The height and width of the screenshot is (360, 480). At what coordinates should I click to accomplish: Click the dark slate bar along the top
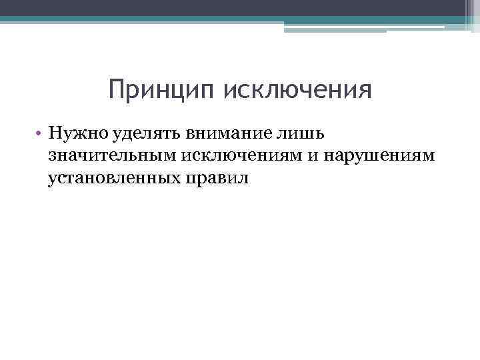(233, 7)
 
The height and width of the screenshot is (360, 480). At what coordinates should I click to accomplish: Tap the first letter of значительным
(51, 157)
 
